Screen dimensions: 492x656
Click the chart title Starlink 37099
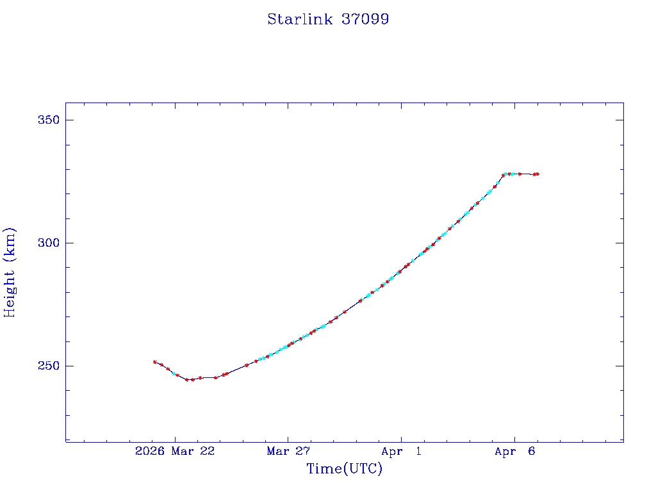328,19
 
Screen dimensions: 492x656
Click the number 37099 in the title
365,19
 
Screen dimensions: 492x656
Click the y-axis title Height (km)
10,272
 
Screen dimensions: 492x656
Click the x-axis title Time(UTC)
345,469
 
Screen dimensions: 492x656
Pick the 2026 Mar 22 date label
175,452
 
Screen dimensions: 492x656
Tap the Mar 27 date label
288,452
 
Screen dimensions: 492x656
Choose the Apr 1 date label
402,452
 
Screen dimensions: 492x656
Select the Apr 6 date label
514,452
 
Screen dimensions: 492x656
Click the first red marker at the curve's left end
155,362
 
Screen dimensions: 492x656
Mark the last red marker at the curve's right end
537,174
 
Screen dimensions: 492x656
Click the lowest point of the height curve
188,380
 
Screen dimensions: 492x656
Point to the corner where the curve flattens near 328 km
504,174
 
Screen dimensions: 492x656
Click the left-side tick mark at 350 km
69,120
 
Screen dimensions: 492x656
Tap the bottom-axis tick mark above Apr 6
514,438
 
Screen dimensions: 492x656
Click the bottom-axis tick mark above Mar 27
288,438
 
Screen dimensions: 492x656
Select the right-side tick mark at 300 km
619,243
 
